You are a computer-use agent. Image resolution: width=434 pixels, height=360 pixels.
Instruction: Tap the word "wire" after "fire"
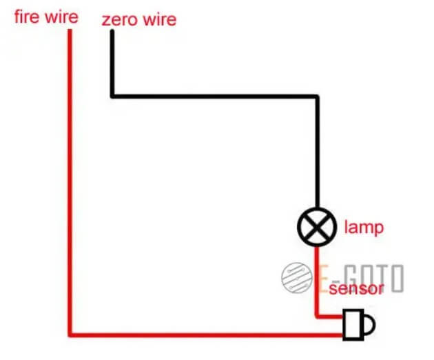pos(60,17)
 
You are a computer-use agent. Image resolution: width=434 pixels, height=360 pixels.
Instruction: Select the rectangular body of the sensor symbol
pos(353,323)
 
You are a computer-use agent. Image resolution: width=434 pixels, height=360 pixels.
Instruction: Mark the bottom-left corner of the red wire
pos(70,335)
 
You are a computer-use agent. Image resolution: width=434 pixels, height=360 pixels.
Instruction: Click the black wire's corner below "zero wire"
pos(112,95)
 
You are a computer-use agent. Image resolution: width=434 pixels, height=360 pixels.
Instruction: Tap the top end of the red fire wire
pos(70,31)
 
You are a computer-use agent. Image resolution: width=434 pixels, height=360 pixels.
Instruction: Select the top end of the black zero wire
pos(112,32)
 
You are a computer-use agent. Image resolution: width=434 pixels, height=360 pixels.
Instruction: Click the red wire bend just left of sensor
pos(317,317)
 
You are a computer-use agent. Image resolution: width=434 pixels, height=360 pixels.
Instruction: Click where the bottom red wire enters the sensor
pos(344,335)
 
